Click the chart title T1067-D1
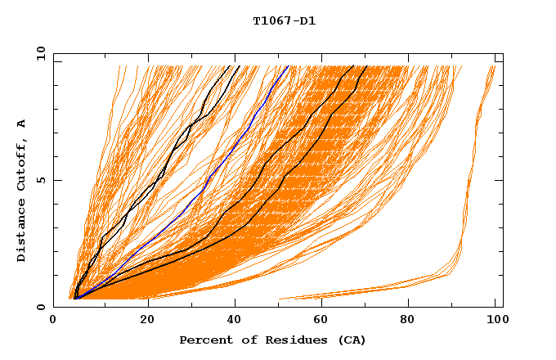coord(284,20)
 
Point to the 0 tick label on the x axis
coord(54,320)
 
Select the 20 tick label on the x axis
coord(146,320)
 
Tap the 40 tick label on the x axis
coord(235,320)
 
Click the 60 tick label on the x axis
coord(323,320)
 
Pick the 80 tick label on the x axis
coord(411,320)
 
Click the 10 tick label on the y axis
coord(40,53)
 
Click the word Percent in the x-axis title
coord(204,340)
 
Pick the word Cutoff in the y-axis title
coord(21,164)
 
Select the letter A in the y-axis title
coord(21,124)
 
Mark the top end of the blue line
coord(288,66)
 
